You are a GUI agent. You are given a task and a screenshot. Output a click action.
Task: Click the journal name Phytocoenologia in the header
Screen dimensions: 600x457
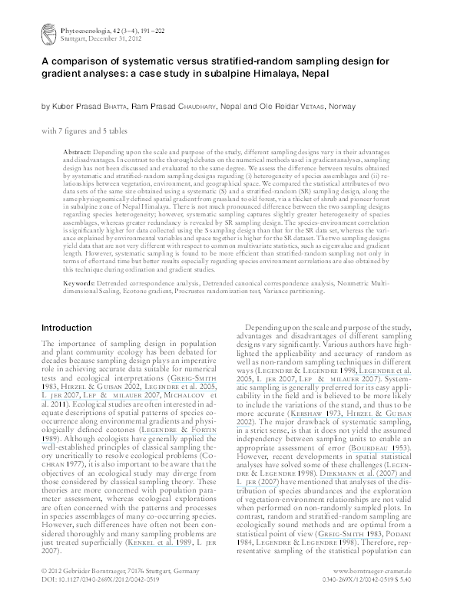[79, 28]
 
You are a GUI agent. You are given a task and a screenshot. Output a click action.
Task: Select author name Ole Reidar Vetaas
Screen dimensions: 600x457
[294, 105]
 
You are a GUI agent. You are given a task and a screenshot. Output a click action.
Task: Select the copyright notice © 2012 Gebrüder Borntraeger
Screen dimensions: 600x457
[99, 572]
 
